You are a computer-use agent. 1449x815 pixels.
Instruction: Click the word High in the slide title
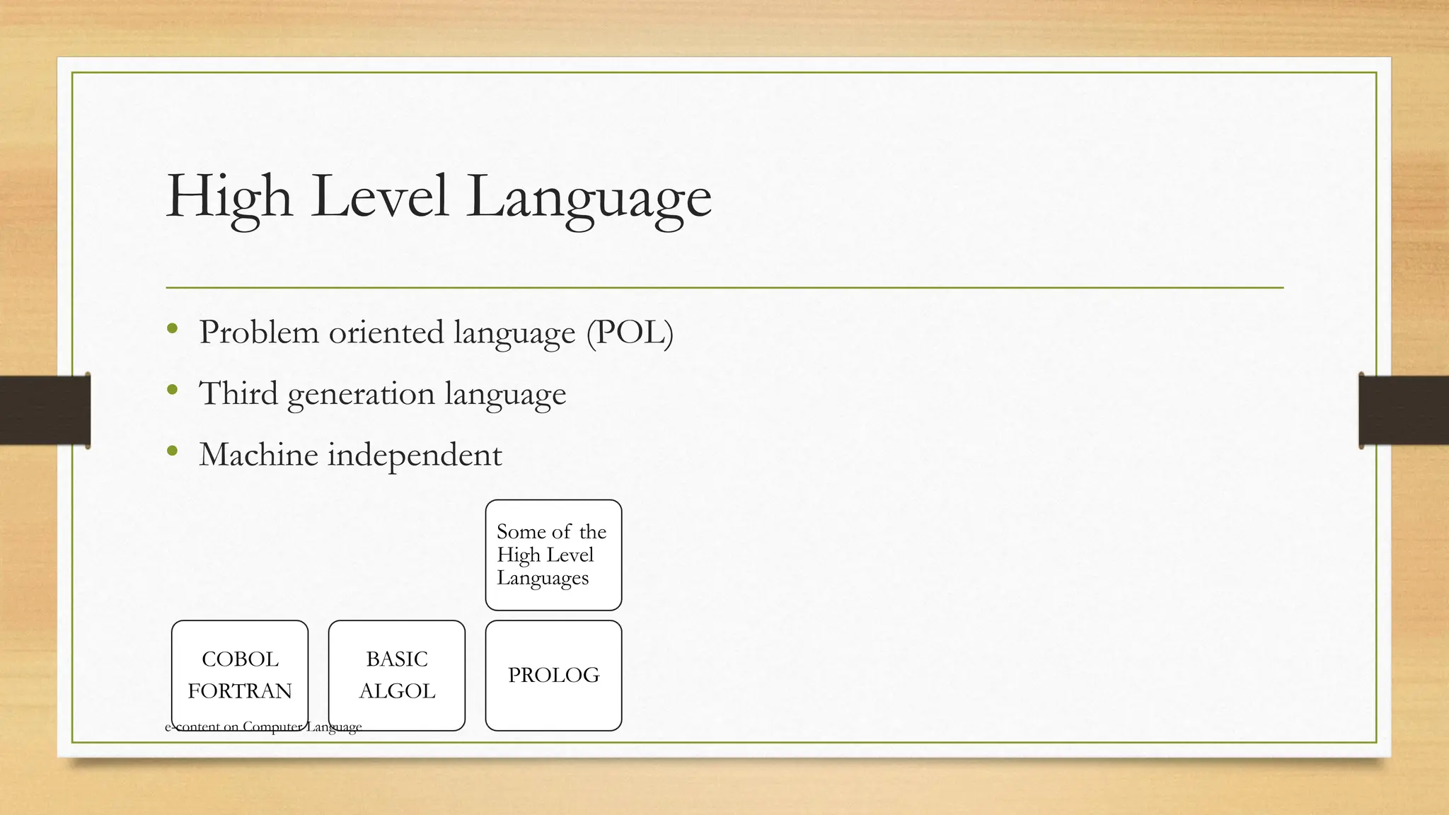[x=229, y=196]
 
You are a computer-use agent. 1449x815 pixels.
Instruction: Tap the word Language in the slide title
[x=589, y=198]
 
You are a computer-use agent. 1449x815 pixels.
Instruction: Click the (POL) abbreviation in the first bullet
[x=630, y=333]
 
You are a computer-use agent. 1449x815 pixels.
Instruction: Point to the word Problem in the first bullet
[x=259, y=333]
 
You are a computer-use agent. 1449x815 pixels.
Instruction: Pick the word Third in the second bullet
[x=238, y=393]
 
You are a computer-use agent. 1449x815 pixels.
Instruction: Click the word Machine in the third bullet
[x=258, y=454]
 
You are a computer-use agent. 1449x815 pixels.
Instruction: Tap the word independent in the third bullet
[x=415, y=455]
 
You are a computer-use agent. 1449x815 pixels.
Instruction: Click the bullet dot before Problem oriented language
[x=173, y=328]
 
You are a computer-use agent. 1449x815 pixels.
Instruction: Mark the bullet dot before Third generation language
[x=173, y=389]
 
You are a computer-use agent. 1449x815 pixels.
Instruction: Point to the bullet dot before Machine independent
[x=173, y=451]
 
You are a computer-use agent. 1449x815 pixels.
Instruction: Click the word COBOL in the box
[x=240, y=659]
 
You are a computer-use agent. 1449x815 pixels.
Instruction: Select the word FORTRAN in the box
[x=240, y=690]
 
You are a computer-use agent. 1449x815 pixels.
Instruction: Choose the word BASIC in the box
[x=397, y=659]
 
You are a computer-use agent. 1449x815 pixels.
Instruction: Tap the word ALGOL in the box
[x=397, y=690]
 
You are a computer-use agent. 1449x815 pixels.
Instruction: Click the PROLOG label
[x=553, y=675]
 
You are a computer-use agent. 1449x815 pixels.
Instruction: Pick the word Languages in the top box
[x=543, y=578]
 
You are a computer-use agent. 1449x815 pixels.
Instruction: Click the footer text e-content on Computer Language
[x=263, y=727]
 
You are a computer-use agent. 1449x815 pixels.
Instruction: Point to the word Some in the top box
[x=521, y=531]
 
